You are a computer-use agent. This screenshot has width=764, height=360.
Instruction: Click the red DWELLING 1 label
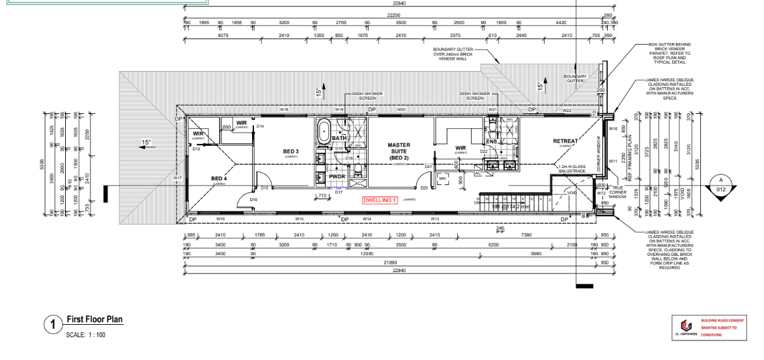pyautogui.click(x=380, y=200)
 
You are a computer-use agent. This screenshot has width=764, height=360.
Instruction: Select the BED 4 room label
pyautogui.click(x=219, y=178)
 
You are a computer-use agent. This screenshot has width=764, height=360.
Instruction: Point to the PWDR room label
pyautogui.click(x=337, y=176)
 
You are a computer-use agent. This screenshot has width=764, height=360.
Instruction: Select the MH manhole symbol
pyautogui.click(x=443, y=177)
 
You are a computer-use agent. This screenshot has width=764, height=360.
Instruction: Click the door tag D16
pyautogui.click(x=253, y=199)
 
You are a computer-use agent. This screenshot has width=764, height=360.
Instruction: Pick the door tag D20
pyautogui.click(x=424, y=187)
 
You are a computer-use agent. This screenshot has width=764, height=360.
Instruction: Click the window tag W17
pyautogui.click(x=178, y=177)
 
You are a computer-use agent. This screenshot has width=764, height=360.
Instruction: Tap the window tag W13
pyautogui.click(x=434, y=219)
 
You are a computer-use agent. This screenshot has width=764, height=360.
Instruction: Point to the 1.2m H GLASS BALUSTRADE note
pyautogui.click(x=572, y=169)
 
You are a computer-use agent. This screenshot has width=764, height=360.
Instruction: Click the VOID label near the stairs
pyautogui.click(x=573, y=192)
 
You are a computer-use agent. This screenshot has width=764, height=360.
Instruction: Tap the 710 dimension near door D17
pyautogui.click(x=321, y=195)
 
